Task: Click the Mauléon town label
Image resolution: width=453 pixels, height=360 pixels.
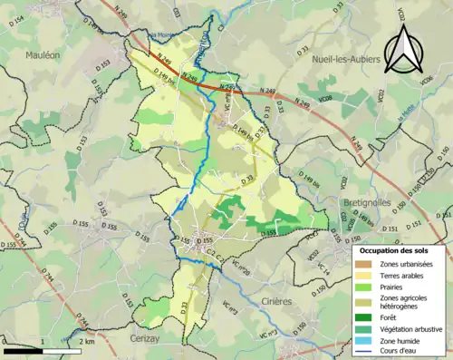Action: [42, 54]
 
